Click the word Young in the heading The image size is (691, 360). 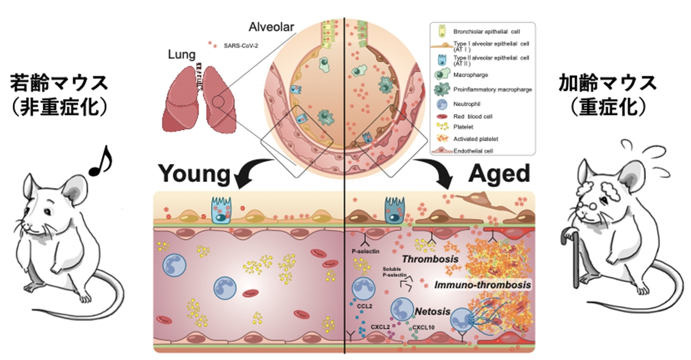click(196, 174)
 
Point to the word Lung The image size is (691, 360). click(181, 55)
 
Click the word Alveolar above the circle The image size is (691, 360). click(271, 27)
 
